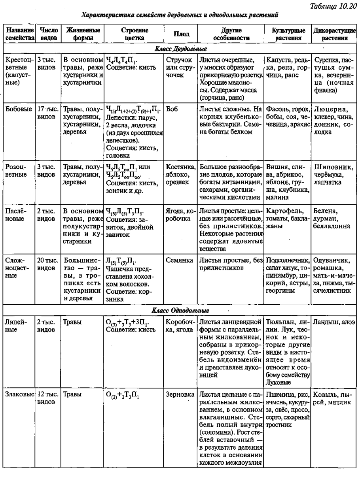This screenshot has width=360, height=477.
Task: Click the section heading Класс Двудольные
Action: coord(180,50)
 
